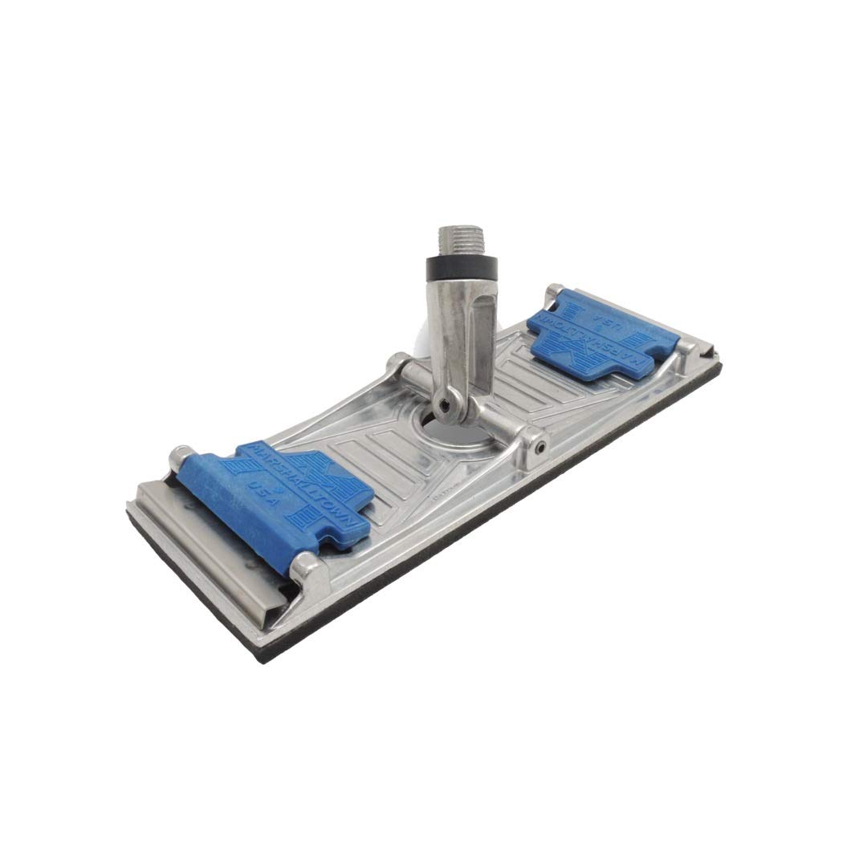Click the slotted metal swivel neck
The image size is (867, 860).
pyautogui.click(x=458, y=337)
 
